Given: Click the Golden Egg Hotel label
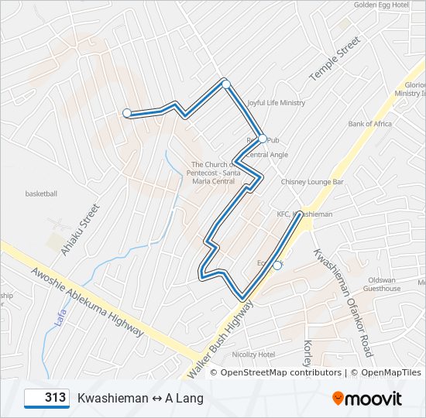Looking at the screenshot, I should click(381, 5).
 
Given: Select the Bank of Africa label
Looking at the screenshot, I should click(369, 124).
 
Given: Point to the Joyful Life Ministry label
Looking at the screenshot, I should click(276, 103).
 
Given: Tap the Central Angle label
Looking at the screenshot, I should click(266, 155).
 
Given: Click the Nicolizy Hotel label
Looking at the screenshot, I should click(254, 355).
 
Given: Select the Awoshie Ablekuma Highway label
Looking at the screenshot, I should click(87, 302).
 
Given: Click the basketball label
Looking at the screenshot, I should click(41, 194).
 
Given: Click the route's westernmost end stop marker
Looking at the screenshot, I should click(127, 113).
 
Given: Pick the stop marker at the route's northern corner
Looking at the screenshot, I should click(225, 84).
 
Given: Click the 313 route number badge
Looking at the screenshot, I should click(47, 398).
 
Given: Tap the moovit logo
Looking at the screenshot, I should click(367, 399).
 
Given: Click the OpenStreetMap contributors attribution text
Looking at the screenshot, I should click(280, 372).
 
